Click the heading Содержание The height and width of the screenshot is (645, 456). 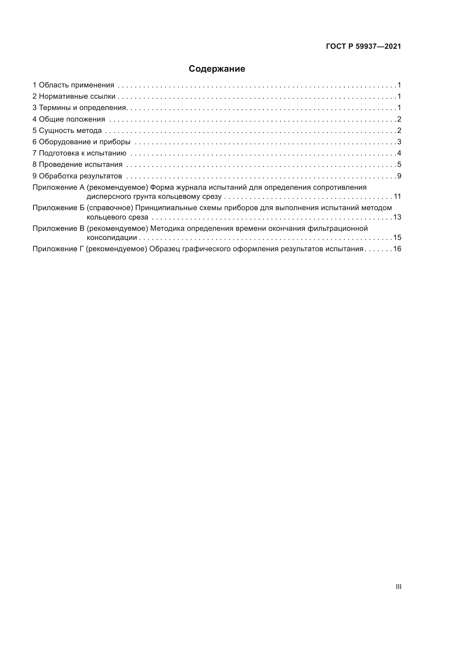[217, 69]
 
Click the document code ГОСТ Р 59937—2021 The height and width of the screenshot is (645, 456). [363, 47]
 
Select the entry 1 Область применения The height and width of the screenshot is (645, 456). [73, 85]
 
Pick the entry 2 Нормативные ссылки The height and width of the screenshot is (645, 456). [74, 96]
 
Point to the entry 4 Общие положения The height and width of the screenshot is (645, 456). [69, 119]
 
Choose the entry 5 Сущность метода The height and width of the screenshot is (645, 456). [67, 130]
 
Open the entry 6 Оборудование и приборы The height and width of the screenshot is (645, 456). [81, 142]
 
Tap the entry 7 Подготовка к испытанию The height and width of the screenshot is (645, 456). [79, 153]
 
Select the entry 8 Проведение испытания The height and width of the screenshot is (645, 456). [77, 164]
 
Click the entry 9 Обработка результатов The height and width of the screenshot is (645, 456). [77, 176]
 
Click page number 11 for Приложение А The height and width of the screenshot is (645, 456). [397, 196]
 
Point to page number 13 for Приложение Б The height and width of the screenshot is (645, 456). [397, 217]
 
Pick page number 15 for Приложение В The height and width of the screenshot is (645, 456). [397, 237]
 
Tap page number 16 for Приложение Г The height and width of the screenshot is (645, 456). [397, 249]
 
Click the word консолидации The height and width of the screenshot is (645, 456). [112, 238]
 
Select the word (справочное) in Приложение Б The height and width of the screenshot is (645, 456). [110, 208]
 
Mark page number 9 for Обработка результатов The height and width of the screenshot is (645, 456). [399, 176]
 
